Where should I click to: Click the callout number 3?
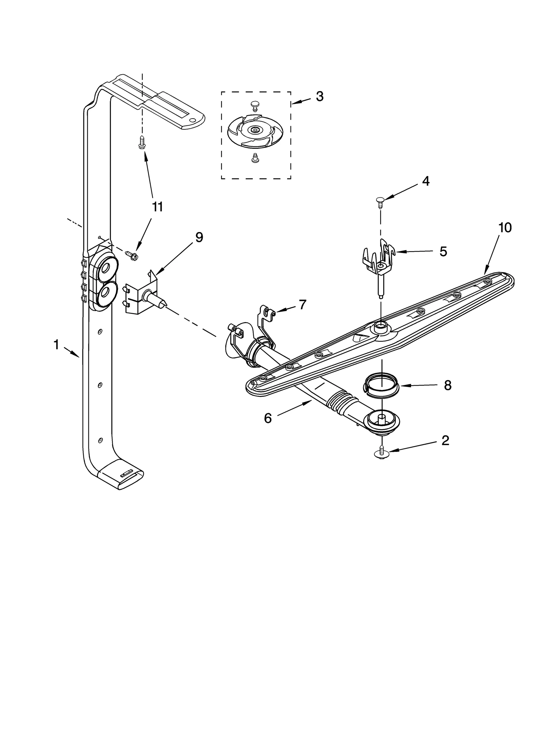319,97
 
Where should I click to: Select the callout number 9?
199,237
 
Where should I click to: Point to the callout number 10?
505,228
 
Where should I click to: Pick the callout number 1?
56,345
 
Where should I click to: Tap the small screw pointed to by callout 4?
380,202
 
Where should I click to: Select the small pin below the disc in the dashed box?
255,157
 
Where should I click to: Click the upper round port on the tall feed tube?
107,268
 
